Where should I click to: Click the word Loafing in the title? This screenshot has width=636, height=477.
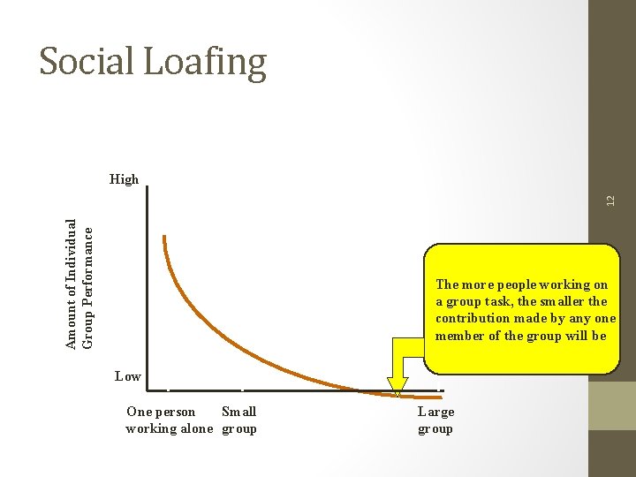point(206,63)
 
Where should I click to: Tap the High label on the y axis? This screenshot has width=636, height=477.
point(125,179)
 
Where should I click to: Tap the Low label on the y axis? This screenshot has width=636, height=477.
point(128,376)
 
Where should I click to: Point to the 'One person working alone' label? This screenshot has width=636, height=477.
point(168,420)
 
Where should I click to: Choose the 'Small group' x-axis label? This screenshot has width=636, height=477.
point(238,420)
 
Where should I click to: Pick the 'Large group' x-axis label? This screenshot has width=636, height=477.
point(435,420)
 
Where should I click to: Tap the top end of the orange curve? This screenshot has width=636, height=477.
point(164,237)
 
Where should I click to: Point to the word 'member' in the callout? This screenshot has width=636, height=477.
point(458,336)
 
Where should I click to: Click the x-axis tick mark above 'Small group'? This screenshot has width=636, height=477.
point(242,389)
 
